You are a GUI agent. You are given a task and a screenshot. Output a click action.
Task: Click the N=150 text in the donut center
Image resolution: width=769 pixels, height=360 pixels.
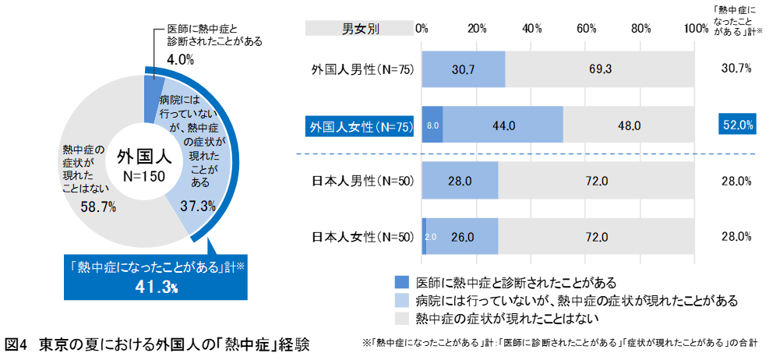point(141,177)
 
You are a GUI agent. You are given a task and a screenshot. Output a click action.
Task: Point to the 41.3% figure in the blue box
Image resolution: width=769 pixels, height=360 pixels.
point(156,288)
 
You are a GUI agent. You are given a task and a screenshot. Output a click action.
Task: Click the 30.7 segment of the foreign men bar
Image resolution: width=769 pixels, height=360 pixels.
point(463,69)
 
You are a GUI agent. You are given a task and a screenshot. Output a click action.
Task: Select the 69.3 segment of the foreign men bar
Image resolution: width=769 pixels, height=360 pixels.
point(599,69)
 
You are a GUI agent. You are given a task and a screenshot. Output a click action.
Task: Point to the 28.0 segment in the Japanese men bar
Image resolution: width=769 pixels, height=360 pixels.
point(460,182)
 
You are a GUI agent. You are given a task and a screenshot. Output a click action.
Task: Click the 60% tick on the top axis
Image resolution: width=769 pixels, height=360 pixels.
point(587,28)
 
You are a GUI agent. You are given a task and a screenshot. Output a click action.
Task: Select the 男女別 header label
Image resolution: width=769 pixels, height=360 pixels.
point(361,29)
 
